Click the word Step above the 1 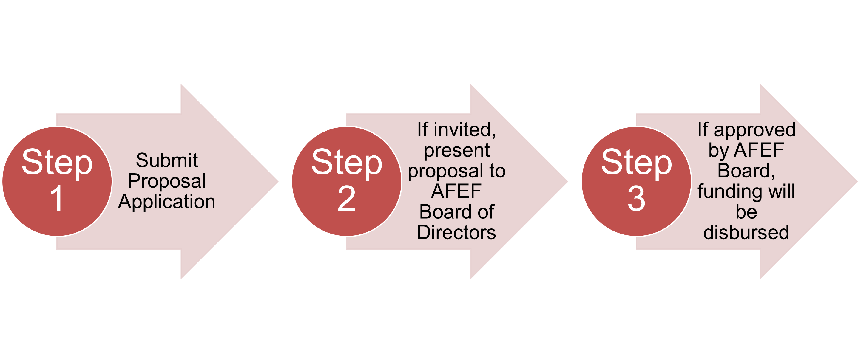coord(57,163)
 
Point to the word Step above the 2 coord(347,163)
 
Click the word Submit coord(166,160)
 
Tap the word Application coord(166,202)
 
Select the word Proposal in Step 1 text coord(166,181)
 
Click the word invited coord(464,129)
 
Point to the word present coord(457,150)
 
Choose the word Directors coord(456,232)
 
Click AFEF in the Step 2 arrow coord(456,191)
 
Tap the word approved coord(754,129)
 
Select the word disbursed coord(746,232)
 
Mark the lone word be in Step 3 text coord(746,212)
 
